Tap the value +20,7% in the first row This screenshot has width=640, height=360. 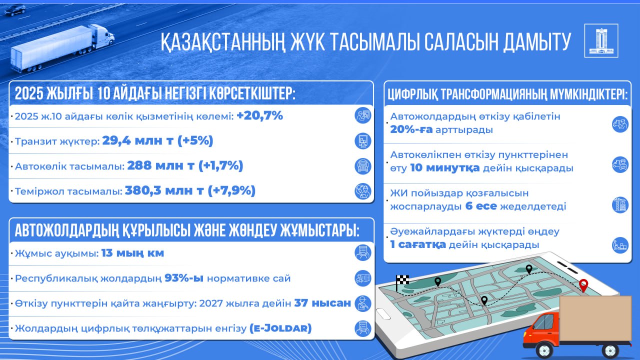(260, 116)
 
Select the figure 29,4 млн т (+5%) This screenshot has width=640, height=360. (157, 141)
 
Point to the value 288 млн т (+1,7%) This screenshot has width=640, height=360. (185, 165)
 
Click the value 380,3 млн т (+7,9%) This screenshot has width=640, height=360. (190, 190)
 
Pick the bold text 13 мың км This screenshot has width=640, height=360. (132, 253)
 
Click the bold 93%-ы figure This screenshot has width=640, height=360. (184, 278)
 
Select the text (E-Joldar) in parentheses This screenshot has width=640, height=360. (280, 328)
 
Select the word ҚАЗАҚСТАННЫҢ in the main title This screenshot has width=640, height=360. (225, 42)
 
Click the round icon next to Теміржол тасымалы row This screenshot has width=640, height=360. (362, 191)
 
